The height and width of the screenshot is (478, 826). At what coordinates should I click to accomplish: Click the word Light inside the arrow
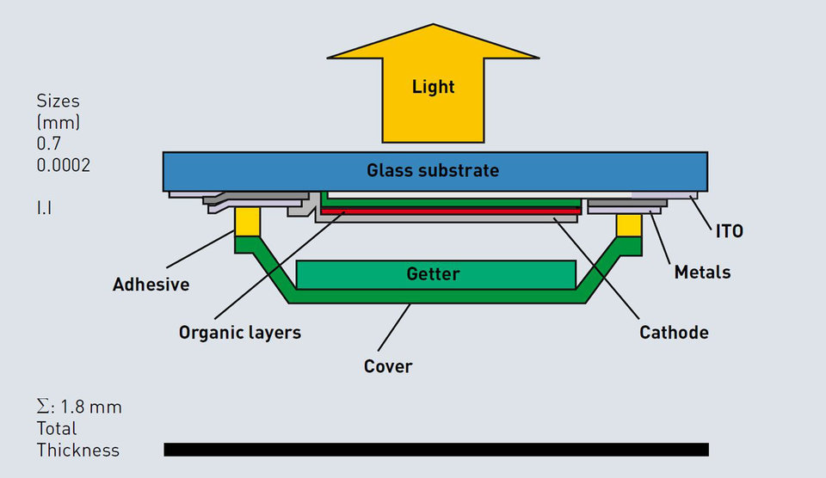pyautogui.click(x=433, y=87)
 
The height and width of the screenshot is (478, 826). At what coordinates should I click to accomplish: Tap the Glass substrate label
pyautogui.click(x=433, y=170)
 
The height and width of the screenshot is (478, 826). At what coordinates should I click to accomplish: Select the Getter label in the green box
pyautogui.click(x=433, y=273)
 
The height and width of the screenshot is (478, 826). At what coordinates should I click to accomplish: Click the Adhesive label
pyautogui.click(x=151, y=285)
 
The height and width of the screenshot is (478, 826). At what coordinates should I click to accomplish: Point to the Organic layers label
pyautogui.click(x=240, y=333)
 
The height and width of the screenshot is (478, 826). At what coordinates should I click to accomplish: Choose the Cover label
pyautogui.click(x=388, y=366)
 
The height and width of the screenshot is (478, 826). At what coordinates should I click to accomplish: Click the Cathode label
pyautogui.click(x=674, y=333)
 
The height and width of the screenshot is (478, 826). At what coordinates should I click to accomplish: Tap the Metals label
pyautogui.click(x=702, y=273)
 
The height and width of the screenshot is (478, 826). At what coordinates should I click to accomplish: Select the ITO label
pyautogui.click(x=729, y=231)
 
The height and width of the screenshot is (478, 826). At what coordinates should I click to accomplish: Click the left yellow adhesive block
pyautogui.click(x=247, y=222)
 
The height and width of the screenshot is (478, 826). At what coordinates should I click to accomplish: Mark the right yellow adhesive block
pyautogui.click(x=629, y=225)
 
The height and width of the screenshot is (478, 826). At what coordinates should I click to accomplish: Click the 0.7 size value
pyautogui.click(x=48, y=144)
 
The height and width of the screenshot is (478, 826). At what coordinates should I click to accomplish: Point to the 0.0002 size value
pyautogui.click(x=63, y=165)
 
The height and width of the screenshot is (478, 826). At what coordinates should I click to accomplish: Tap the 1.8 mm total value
pyautogui.click(x=91, y=407)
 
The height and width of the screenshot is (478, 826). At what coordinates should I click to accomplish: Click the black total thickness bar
pyautogui.click(x=436, y=450)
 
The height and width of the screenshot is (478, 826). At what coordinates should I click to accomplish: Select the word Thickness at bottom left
pyautogui.click(x=78, y=450)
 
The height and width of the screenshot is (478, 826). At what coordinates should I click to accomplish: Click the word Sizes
pyautogui.click(x=58, y=101)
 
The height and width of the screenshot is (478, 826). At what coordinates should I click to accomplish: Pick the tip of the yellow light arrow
pyautogui.click(x=433, y=24)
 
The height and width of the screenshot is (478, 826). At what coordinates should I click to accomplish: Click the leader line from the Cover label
pyautogui.click(x=394, y=328)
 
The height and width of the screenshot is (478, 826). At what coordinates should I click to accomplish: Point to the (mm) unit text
pyautogui.click(x=58, y=123)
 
